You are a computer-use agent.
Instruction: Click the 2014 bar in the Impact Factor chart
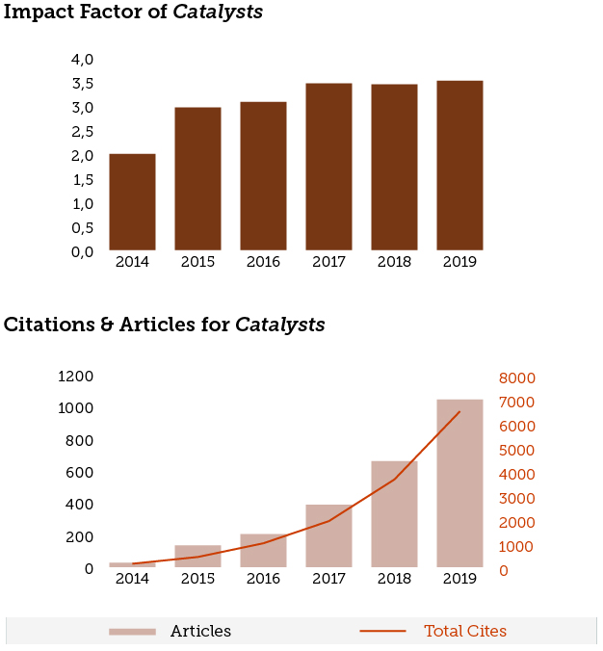(x=132, y=202)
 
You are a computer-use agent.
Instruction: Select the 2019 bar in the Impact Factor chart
(x=459, y=166)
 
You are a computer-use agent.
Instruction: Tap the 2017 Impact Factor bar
(x=328, y=167)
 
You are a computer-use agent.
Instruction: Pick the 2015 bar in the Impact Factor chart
(x=197, y=179)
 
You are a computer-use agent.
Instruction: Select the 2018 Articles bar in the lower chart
(x=394, y=514)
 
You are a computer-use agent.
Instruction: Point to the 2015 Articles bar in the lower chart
(x=197, y=557)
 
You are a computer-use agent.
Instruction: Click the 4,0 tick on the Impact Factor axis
(x=82, y=60)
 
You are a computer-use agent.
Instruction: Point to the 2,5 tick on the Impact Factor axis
(x=82, y=132)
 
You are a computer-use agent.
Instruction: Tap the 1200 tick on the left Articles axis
(x=76, y=377)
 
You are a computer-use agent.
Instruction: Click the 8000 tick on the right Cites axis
(x=516, y=378)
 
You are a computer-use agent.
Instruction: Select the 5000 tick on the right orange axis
(x=516, y=450)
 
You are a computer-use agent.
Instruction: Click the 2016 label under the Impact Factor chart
(x=263, y=262)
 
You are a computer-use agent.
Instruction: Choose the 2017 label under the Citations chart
(x=328, y=579)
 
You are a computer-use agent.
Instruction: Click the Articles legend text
(x=200, y=632)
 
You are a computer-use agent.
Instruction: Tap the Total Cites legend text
(x=465, y=632)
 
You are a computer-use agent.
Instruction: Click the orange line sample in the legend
(x=382, y=632)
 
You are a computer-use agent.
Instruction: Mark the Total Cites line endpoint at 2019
(x=459, y=412)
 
